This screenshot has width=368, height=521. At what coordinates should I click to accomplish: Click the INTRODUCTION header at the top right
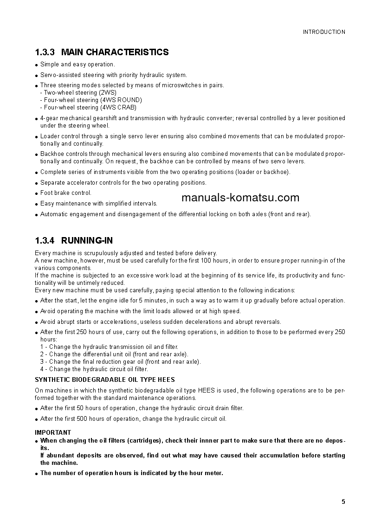[x=324, y=32]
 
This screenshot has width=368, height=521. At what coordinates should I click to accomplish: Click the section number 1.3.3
[x=45, y=52]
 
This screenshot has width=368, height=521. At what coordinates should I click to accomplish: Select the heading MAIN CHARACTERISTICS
[x=115, y=52]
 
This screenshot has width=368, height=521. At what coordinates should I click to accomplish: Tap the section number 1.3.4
[x=45, y=240]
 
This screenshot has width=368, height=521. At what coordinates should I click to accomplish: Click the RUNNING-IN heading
[x=87, y=240]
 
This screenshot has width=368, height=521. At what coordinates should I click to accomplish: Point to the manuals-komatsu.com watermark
[x=240, y=198]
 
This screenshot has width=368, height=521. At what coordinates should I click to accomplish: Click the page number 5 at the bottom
[x=343, y=502]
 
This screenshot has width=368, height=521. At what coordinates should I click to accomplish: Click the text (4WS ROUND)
[x=121, y=100]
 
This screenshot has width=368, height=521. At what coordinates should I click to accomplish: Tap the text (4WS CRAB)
[x=118, y=107]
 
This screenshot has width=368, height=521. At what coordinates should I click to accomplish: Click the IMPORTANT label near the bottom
[x=53, y=432]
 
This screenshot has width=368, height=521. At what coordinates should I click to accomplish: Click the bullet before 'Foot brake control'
[x=37, y=193]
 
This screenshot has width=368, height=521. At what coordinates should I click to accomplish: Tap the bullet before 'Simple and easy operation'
[x=37, y=65]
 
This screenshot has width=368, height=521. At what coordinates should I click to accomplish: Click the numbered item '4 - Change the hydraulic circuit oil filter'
[x=94, y=369]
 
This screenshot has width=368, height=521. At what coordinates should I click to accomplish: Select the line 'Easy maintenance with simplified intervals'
[x=99, y=203]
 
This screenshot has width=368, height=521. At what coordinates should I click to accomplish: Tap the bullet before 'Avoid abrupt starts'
[x=37, y=322]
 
